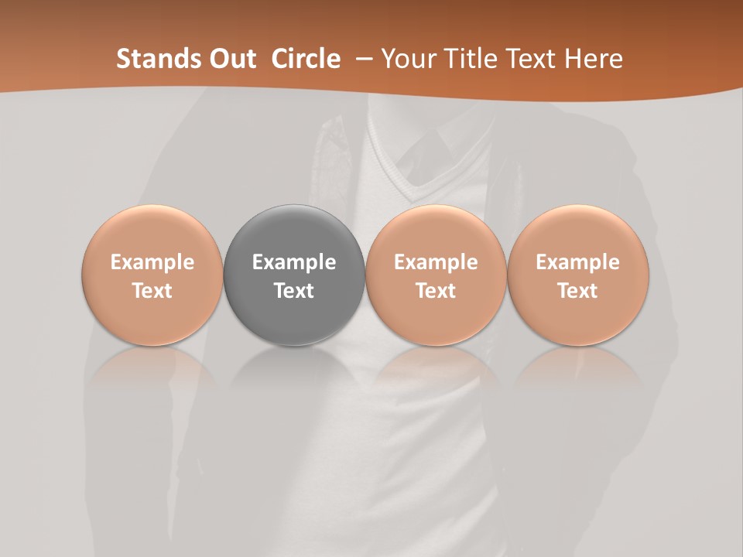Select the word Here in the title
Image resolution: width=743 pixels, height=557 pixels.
pyautogui.click(x=596, y=59)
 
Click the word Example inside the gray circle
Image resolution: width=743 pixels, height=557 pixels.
pyautogui.click(x=294, y=262)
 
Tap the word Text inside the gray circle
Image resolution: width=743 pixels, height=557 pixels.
pyautogui.click(x=294, y=291)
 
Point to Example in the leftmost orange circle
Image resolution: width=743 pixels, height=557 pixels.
pyautogui.click(x=152, y=262)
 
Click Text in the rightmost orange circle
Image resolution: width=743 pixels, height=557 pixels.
pyautogui.click(x=578, y=291)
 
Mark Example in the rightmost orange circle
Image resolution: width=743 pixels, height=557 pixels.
pyautogui.click(x=578, y=262)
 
